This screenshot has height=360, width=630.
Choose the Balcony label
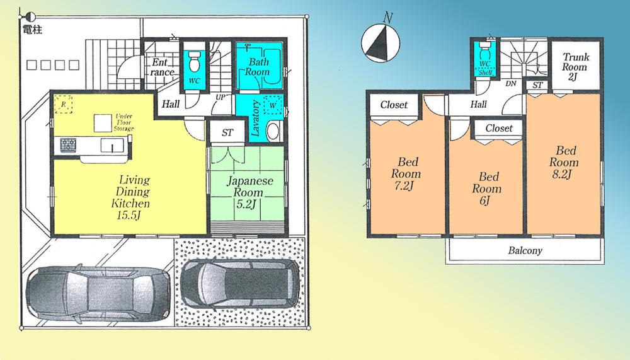coord(524,250)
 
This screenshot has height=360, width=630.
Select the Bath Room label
coord(258,67)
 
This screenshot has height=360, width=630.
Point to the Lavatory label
coord(256,119)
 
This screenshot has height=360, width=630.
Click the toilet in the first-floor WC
coord(195,63)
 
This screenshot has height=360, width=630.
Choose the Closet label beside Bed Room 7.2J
coord(394,105)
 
